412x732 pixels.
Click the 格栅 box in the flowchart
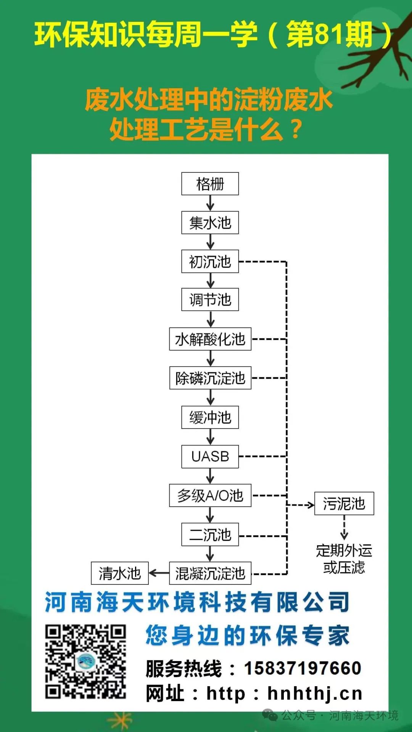pyautogui.click(x=210, y=184)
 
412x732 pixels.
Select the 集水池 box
pyautogui.click(x=210, y=223)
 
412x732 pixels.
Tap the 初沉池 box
pyautogui.click(x=210, y=262)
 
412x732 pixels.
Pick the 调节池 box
pyautogui.click(x=210, y=300)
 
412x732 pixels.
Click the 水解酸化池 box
pyautogui.click(x=210, y=339)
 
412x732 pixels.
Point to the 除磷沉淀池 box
pyautogui.click(x=210, y=378)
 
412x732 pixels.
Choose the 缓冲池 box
pyautogui.click(x=210, y=417)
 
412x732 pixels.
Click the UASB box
pyautogui.click(x=210, y=456)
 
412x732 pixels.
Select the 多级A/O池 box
pyautogui.click(x=210, y=495)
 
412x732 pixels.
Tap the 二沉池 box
pyautogui.click(x=210, y=535)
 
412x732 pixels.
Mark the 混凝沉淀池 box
pyautogui.click(x=210, y=573)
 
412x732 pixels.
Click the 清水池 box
pyautogui.click(x=119, y=573)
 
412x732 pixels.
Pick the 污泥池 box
pyautogui.click(x=344, y=504)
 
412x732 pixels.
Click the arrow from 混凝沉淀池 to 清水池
pyautogui.click(x=159, y=573)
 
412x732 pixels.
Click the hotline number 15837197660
pyautogui.click(x=302, y=668)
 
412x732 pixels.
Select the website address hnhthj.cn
pyautogui.click(x=314, y=693)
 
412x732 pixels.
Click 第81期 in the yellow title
pyautogui.click(x=330, y=35)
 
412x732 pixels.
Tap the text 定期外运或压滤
pyautogui.click(x=344, y=559)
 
